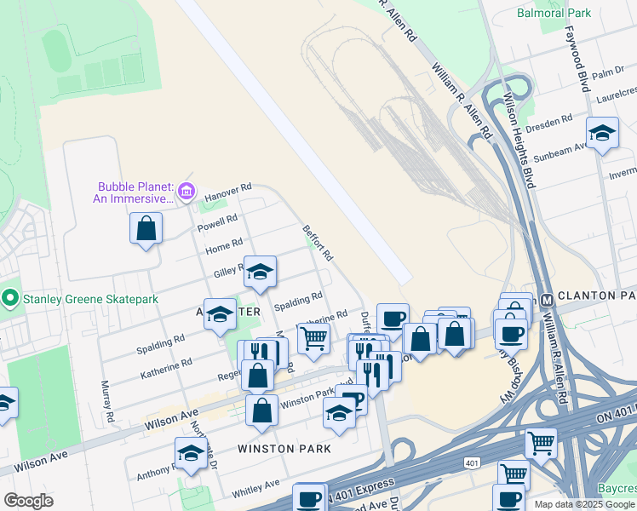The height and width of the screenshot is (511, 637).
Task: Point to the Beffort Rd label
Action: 318,243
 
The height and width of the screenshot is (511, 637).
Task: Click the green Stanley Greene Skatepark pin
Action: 10,298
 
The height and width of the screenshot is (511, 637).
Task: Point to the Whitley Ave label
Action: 255,489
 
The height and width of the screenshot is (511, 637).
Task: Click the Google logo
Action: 28,501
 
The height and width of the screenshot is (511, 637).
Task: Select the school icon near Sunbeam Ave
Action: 602,133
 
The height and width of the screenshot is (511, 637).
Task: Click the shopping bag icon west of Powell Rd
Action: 146,228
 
